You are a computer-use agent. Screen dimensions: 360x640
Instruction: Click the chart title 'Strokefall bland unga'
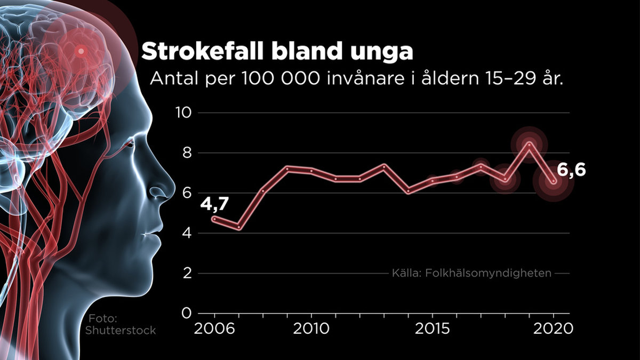pos(277,52)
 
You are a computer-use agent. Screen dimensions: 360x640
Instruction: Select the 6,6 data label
pos(571,170)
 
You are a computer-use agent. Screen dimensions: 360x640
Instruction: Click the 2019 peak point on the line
pos(529,143)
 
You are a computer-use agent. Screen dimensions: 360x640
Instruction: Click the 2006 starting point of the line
pos(214,219)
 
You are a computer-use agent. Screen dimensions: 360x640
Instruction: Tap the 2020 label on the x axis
pos(554,329)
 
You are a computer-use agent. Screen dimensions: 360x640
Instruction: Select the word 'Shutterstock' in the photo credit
pos(121,331)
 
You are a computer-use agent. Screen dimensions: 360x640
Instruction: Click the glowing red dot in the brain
pos(81,52)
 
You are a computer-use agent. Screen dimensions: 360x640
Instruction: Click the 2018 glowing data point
pos(505,180)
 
